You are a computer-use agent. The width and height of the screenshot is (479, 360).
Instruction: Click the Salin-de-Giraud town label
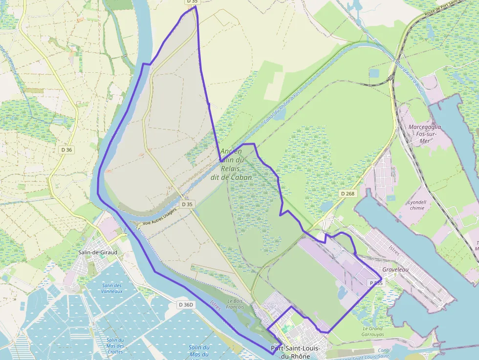(x=98, y=252)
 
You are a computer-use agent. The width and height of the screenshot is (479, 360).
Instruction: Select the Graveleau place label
(x=395, y=269)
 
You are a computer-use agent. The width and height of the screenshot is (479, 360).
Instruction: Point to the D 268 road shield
(x=348, y=194)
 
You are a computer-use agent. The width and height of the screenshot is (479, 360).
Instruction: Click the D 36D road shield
(x=186, y=304)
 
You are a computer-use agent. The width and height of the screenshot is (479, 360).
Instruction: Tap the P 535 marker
(x=376, y=283)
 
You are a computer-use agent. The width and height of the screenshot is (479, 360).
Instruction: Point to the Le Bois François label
(x=235, y=304)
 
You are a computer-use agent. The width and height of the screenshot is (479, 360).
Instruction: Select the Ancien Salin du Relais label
(x=231, y=164)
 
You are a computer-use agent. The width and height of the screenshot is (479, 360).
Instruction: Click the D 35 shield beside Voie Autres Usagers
(x=187, y=204)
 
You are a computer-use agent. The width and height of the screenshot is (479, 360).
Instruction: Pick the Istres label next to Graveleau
(x=393, y=253)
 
